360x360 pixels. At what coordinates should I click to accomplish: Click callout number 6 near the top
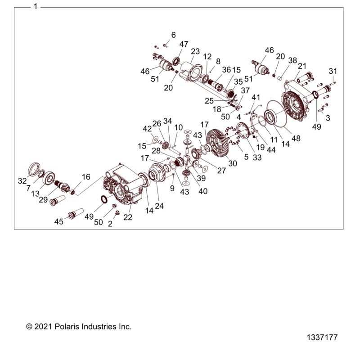(173, 35)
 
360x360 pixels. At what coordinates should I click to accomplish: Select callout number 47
(184, 44)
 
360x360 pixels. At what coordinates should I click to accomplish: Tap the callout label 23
(195, 51)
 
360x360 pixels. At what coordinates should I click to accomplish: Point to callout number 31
(333, 71)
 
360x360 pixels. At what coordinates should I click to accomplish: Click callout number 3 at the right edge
(328, 118)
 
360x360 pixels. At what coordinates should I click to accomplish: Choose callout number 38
(292, 60)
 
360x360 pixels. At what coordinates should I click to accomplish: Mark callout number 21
(302, 66)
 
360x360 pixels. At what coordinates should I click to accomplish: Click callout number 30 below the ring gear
(233, 164)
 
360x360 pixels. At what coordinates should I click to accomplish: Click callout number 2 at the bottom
(110, 224)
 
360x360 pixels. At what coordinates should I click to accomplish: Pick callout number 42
(147, 128)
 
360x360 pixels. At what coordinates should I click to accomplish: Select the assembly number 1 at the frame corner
(36, 7)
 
